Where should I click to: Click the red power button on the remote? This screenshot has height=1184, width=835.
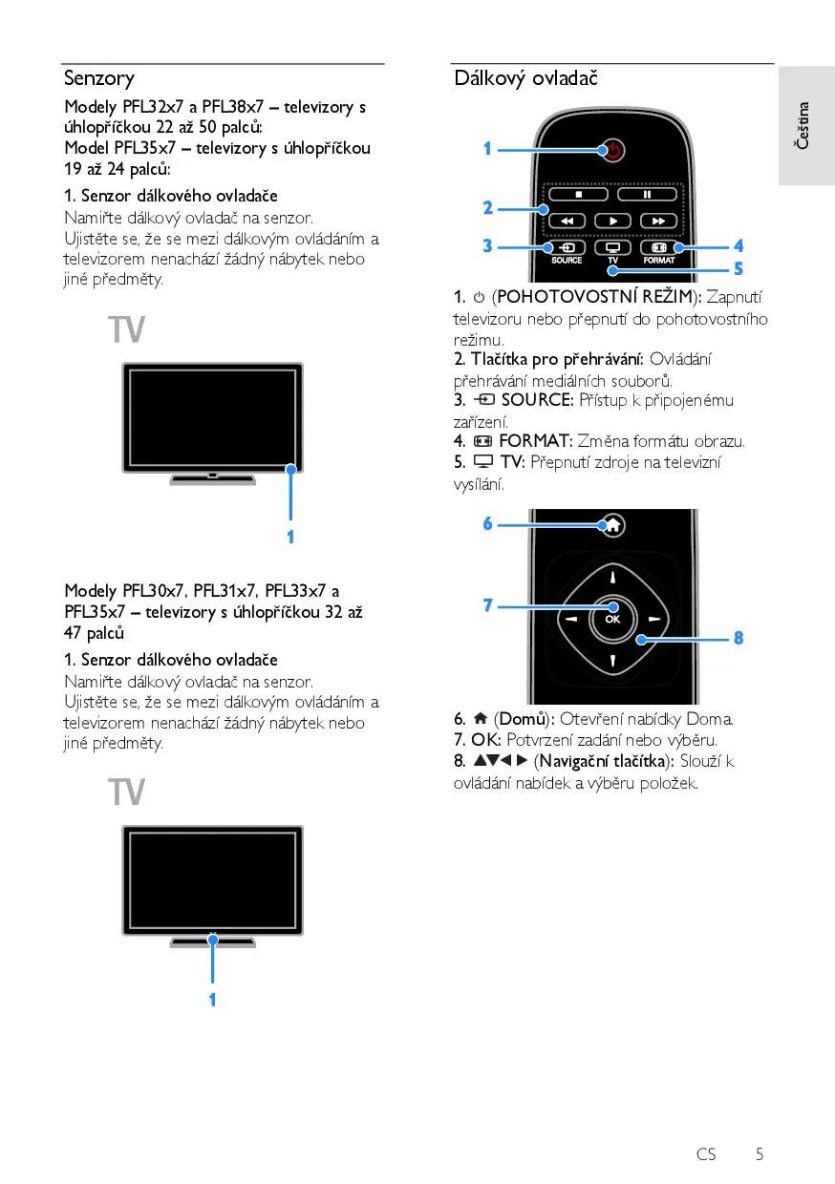tap(612, 150)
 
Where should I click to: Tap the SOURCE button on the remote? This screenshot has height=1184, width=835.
tap(567, 247)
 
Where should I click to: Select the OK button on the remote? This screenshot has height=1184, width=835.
tap(612, 618)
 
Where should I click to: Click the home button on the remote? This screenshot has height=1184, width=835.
tap(612, 524)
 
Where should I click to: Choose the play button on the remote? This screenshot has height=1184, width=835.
tap(612, 221)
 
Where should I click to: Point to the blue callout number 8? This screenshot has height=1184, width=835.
tap(739, 638)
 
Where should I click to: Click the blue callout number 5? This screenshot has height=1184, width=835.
tap(738, 268)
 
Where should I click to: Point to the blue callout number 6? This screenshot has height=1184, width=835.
tap(487, 523)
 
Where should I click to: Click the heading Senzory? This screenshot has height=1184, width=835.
tap(99, 78)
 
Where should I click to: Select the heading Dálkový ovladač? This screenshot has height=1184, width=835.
tap(525, 78)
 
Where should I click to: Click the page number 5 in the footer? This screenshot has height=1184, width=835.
tap(760, 1154)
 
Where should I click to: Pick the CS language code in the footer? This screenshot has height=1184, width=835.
tap(706, 1154)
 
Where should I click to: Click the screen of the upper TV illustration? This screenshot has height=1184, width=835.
tap(212, 416)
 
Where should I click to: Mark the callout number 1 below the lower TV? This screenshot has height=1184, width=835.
tap(212, 1000)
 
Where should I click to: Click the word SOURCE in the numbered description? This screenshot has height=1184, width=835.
tap(537, 400)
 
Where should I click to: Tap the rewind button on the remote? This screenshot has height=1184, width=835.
tap(567, 221)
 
